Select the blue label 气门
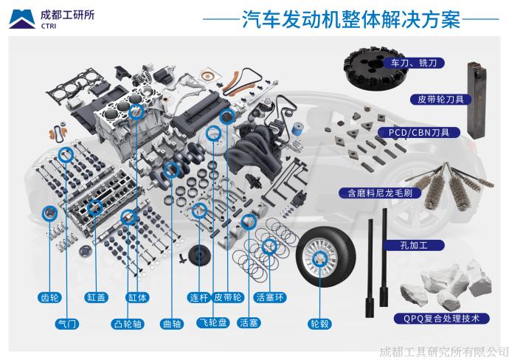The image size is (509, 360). (67, 323)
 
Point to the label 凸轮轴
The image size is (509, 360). (127, 323)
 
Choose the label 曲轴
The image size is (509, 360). (171, 323)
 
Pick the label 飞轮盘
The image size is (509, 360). (212, 323)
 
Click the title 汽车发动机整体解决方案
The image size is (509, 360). (351, 20)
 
